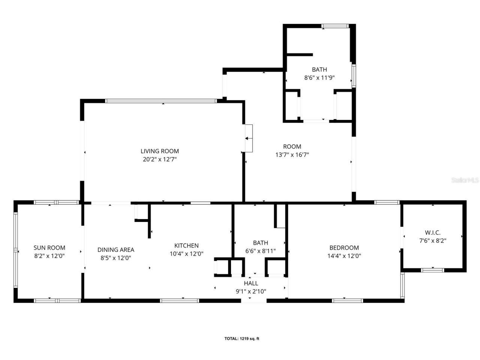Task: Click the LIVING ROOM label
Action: click(159, 151)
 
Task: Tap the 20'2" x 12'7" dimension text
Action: click(159, 159)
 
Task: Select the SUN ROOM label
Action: click(49, 247)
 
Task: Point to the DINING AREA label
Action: click(115, 250)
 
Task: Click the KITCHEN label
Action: click(186, 246)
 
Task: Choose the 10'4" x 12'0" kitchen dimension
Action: click(186, 254)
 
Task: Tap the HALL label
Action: click(251, 283)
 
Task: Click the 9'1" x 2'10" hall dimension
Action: click(251, 291)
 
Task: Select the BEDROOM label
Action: click(344, 247)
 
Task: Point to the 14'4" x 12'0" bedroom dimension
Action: click(344, 256)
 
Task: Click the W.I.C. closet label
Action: click(432, 232)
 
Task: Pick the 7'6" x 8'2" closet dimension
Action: click(432, 241)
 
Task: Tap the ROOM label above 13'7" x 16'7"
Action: click(292, 146)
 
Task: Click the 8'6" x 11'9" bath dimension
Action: click(319, 78)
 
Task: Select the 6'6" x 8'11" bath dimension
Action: click(260, 251)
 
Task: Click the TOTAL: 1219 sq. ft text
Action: click(242, 339)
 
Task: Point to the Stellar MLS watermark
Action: click(465, 180)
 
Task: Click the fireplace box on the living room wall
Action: click(248, 138)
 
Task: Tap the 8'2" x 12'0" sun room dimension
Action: click(49, 256)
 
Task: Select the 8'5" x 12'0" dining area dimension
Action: click(115, 258)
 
